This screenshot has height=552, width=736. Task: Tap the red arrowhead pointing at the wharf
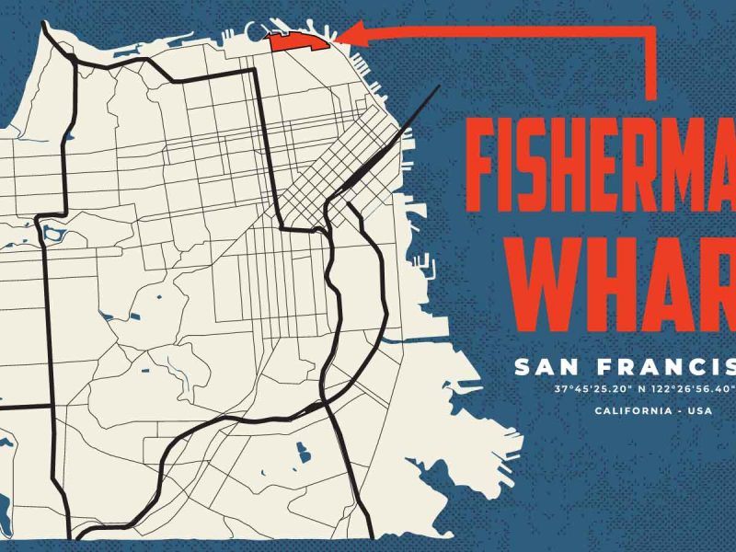click(342, 38)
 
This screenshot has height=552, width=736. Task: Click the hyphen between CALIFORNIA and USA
click(680, 409)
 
